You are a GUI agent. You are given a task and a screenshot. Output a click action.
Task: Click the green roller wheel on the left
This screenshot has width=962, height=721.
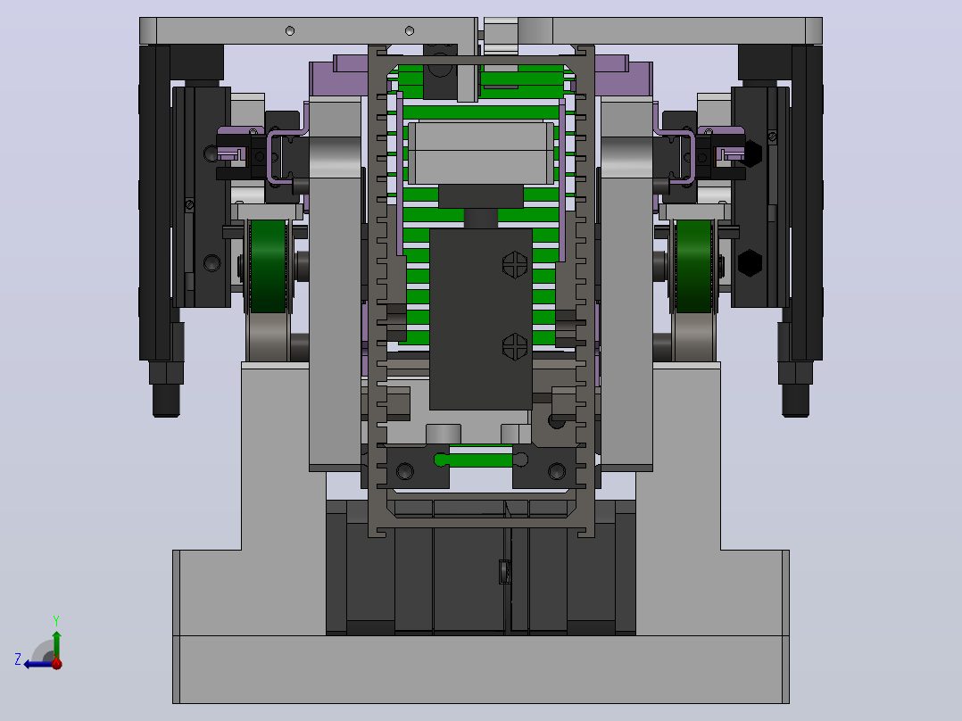268,266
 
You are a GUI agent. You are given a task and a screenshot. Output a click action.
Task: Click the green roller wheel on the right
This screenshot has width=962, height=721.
694,266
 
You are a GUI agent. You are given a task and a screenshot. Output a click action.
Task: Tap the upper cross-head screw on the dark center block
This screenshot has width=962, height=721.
515,264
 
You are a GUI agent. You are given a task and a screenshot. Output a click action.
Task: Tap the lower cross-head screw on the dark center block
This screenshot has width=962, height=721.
515,347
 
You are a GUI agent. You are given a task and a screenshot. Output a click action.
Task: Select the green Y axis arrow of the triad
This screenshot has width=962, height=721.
56,645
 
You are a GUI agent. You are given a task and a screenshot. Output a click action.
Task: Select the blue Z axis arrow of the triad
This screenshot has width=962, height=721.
39,664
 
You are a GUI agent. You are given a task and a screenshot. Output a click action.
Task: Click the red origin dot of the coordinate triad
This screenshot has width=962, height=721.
56,663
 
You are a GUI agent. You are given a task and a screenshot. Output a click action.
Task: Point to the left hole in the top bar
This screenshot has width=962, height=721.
290,30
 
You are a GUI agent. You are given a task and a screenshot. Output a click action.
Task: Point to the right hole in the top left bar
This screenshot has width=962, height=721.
410,30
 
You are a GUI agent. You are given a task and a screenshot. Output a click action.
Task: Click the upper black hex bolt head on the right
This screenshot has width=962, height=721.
750,153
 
